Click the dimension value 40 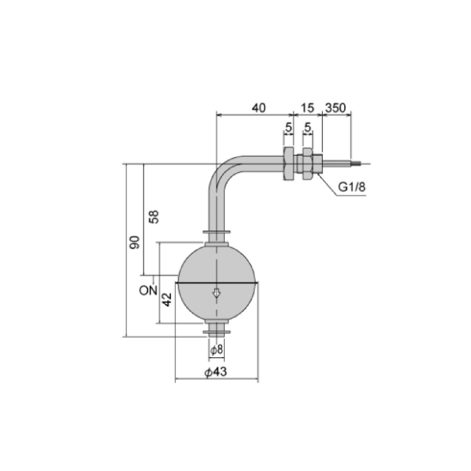[x=258, y=108]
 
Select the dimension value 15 [x=307, y=108]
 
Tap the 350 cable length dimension [x=335, y=108]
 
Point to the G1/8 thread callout [x=352, y=187]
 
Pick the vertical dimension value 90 [x=135, y=242]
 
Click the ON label [x=148, y=290]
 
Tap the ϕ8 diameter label [x=217, y=350]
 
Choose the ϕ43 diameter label [x=216, y=372]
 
